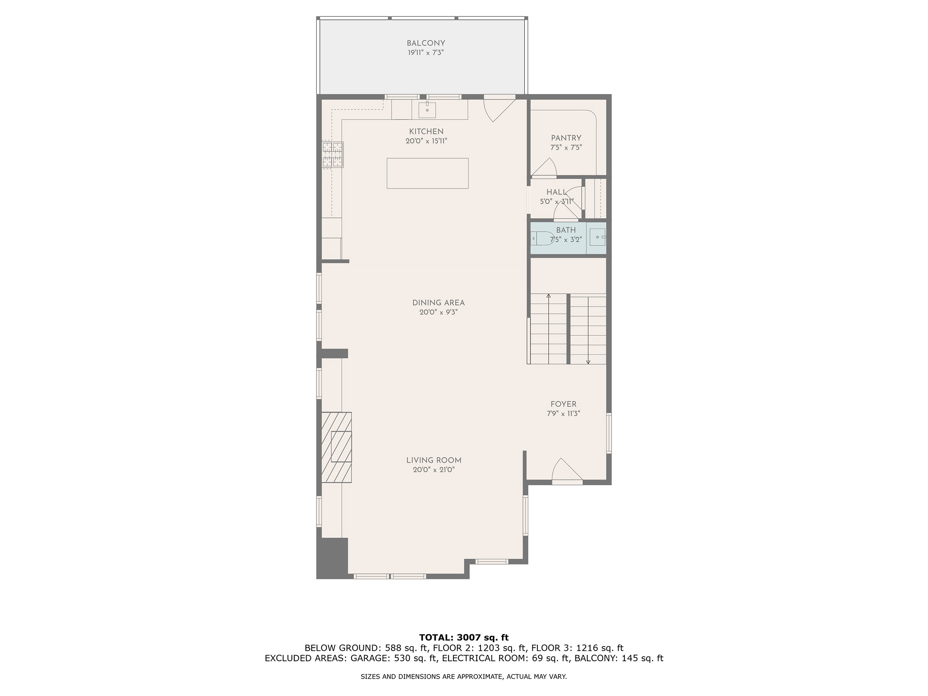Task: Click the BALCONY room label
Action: (x=425, y=43)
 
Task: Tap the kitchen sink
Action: (x=427, y=109)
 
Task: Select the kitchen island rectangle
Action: (x=428, y=173)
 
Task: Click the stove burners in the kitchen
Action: (x=333, y=154)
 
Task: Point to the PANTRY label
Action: (x=566, y=138)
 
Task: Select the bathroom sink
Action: (x=598, y=237)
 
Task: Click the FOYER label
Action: (x=563, y=404)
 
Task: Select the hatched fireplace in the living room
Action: (x=336, y=448)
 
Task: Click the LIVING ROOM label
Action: (x=434, y=460)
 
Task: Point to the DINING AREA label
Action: (x=438, y=302)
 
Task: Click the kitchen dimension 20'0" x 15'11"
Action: (x=426, y=142)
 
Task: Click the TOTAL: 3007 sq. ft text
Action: (x=464, y=638)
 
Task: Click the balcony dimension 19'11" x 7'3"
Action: (x=426, y=53)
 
